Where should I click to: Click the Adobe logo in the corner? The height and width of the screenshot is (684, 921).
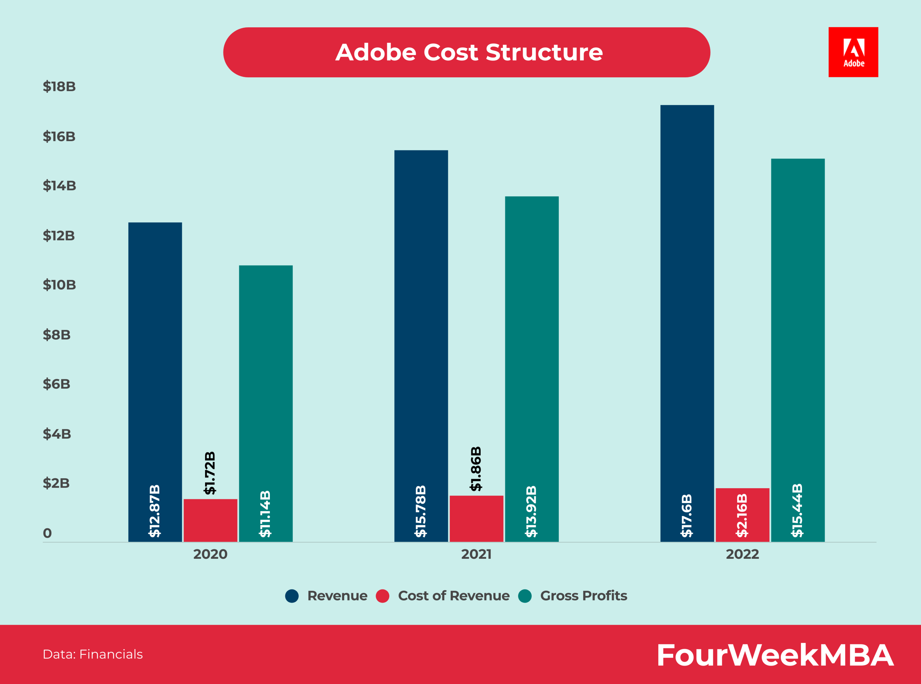pos(853,52)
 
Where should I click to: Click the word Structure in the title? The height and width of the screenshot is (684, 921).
pos(544,53)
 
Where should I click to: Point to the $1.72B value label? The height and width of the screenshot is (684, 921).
pos(210,473)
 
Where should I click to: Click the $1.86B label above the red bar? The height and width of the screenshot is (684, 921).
pos(476,469)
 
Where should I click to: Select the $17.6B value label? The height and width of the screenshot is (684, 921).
pos(687,516)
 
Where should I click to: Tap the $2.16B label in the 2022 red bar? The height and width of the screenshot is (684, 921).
pos(742,516)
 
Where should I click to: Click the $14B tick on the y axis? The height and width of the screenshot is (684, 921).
pos(59,186)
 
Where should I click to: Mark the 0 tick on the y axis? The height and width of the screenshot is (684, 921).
pos(47,533)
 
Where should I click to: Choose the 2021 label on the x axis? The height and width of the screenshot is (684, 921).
pos(476,554)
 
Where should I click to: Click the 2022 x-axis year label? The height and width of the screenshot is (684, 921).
pos(742,554)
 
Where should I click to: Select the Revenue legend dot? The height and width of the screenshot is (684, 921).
pos(292,596)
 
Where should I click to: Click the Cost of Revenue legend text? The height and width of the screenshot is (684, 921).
pos(454,595)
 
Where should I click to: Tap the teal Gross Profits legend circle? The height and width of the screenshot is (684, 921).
pos(525,596)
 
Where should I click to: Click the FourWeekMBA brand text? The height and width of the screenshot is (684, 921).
pos(775,655)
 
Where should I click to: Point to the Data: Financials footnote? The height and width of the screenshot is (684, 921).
pos(93,654)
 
